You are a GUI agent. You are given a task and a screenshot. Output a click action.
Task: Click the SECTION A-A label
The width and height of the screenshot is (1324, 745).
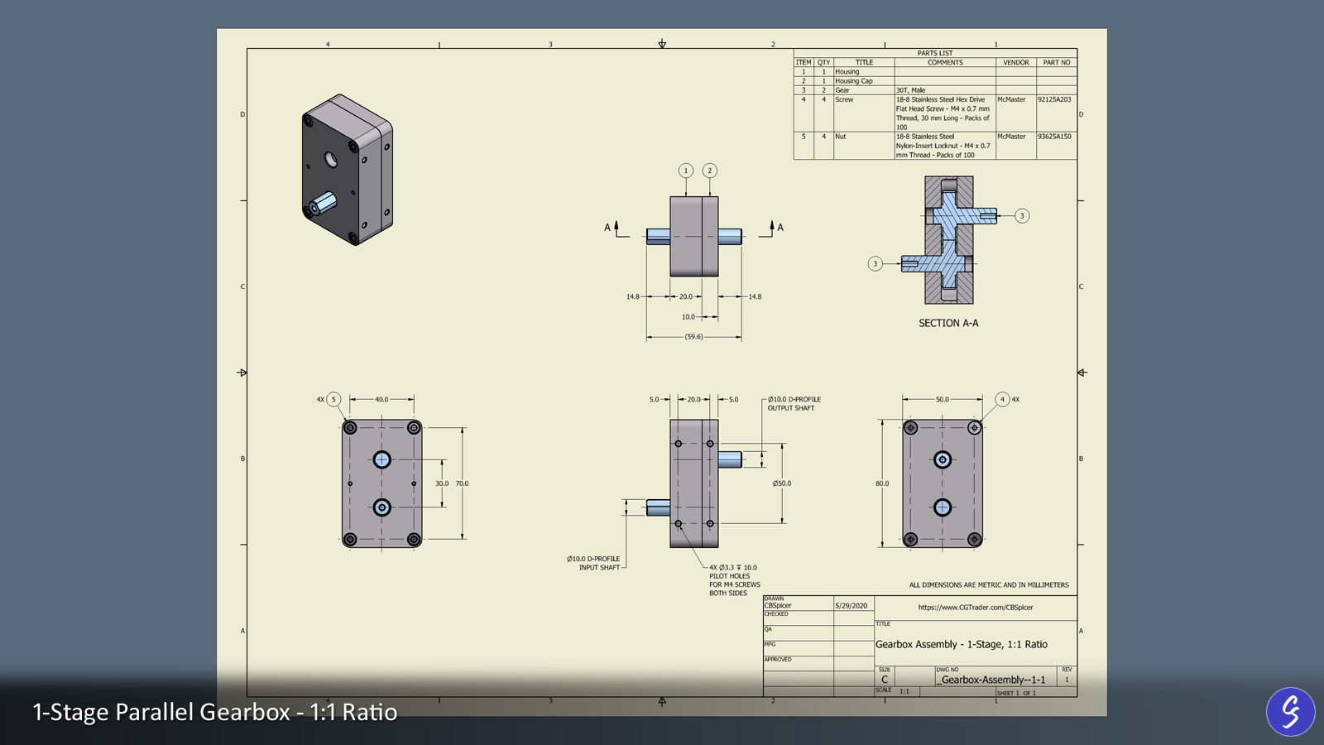tap(948, 323)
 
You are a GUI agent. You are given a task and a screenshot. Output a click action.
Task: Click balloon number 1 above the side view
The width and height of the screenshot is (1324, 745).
tap(686, 171)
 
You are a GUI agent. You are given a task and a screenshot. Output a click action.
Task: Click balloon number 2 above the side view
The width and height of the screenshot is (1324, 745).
tap(709, 171)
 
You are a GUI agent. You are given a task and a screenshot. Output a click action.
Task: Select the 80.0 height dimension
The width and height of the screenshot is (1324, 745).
tap(882, 483)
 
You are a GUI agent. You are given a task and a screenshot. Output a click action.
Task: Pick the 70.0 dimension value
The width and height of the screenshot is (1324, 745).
tap(462, 483)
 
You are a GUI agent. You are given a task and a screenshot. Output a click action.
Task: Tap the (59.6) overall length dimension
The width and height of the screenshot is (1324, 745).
tap(693, 337)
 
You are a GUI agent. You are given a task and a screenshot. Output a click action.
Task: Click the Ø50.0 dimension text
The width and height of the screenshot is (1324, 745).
tap(782, 483)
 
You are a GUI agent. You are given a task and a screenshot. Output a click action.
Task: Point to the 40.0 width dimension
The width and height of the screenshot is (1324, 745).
tap(381, 399)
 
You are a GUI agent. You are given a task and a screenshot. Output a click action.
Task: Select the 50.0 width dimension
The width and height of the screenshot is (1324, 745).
tap(943, 399)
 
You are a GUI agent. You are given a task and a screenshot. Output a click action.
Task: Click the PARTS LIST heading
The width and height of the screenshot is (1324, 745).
tap(935, 53)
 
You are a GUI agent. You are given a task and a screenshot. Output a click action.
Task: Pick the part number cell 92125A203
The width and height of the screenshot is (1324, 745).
tap(1054, 99)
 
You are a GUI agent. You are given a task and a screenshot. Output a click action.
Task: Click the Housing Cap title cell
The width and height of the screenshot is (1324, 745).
tap(854, 81)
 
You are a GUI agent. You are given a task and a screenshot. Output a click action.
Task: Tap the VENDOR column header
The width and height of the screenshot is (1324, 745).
tap(1016, 62)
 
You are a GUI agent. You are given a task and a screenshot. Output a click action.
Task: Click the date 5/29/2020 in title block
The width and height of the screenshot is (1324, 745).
tap(851, 606)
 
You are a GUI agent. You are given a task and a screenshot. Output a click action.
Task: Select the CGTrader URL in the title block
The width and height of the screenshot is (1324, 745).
tap(976, 608)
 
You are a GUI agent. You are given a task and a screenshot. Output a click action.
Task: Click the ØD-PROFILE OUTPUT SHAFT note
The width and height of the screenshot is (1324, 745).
tap(794, 403)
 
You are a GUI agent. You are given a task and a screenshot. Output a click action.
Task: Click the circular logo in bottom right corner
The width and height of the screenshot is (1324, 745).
tap(1290, 711)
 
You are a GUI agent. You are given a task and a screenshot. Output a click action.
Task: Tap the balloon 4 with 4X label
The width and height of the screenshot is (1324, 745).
tap(1003, 399)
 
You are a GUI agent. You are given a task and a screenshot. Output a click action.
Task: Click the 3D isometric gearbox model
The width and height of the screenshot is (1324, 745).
tap(347, 170)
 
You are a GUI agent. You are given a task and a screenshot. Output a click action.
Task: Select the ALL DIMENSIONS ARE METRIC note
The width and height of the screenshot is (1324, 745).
tap(989, 584)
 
